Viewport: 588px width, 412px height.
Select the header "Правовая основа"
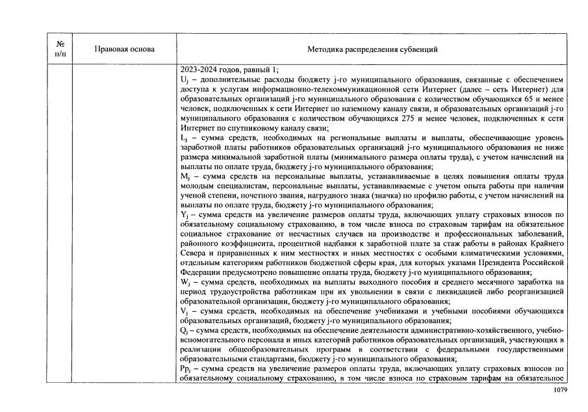[125, 49]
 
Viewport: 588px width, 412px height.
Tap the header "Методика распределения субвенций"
[372, 49]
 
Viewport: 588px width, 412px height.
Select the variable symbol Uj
[185, 79]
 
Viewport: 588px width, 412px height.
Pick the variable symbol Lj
[184, 138]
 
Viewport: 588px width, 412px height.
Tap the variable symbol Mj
[185, 177]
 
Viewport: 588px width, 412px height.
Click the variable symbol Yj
[184, 214]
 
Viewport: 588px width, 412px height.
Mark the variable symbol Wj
[185, 281]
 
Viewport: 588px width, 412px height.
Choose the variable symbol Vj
[184, 311]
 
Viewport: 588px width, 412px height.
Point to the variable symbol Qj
[184, 331]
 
